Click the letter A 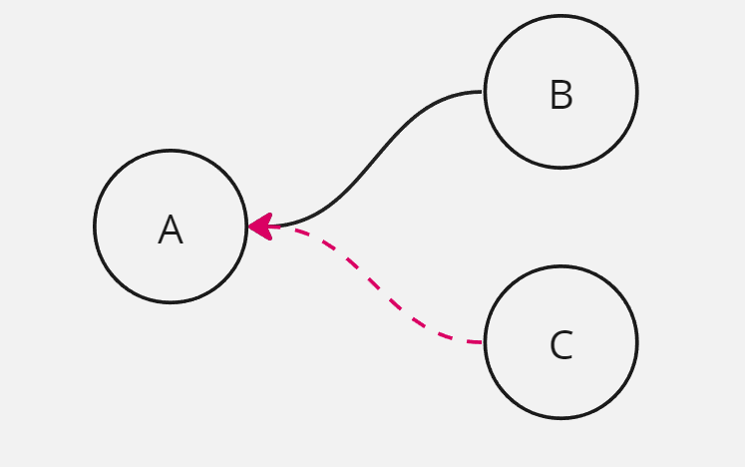[171, 231]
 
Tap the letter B [560, 96]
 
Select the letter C [560, 346]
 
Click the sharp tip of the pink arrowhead [249, 227]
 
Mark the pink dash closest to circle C [474, 342]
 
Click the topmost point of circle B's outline [560, 16]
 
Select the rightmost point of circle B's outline [636, 92]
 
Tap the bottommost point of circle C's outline [560, 418]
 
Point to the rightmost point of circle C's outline [636, 342]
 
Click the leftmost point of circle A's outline [95, 227]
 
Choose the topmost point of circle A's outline [171, 151]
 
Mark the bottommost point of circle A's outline [171, 302]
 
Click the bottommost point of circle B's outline [560, 168]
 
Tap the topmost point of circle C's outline [560, 266]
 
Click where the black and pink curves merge [280, 227]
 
